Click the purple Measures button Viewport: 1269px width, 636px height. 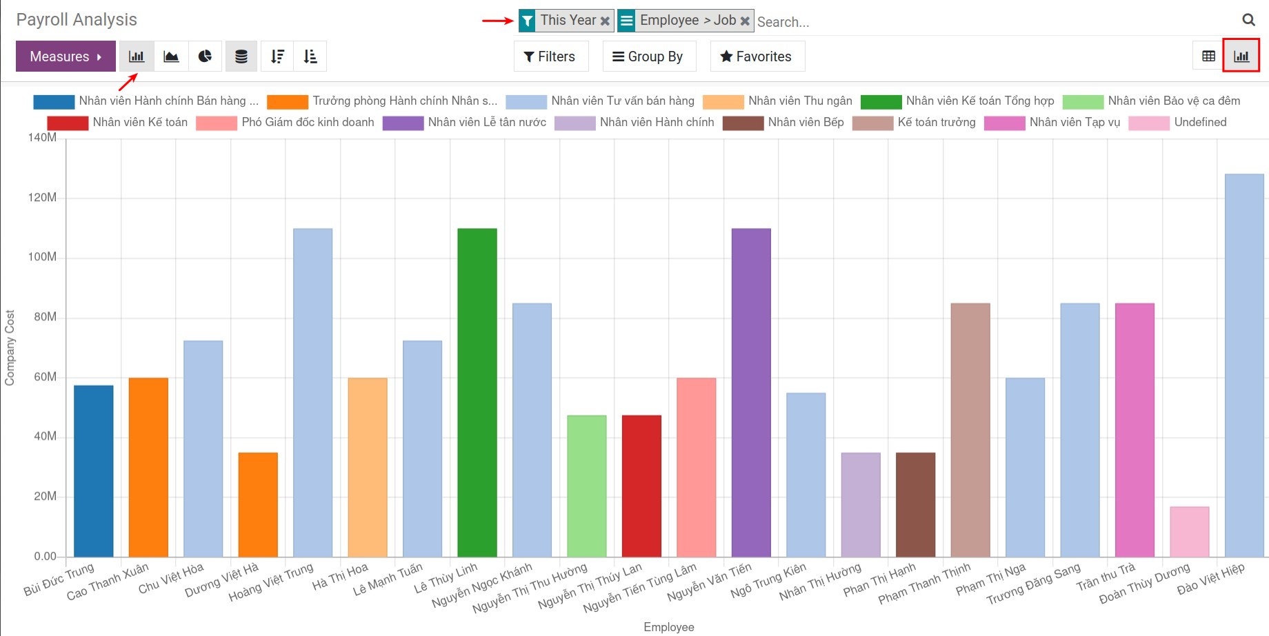click(65, 57)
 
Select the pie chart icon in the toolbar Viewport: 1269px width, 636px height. click(205, 57)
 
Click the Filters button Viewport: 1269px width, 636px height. click(550, 57)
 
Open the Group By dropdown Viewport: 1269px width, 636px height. click(648, 57)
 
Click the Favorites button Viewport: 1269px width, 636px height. click(756, 57)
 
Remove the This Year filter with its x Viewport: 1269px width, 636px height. click(605, 21)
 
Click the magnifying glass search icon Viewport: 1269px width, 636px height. click(1248, 20)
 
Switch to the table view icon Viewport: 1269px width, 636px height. click(1208, 57)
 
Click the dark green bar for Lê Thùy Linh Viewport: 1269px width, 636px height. click(477, 393)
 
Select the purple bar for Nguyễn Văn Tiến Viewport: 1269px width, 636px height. click(751, 393)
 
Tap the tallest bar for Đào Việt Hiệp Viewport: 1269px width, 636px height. click(1244, 365)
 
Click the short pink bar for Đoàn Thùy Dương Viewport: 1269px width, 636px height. click(1189, 532)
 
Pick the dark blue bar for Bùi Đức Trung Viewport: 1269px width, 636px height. click(93, 471)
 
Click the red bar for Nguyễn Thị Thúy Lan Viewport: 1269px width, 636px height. click(641, 486)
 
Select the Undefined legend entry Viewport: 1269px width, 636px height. click(1199, 123)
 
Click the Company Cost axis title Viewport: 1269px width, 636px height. click(10, 347)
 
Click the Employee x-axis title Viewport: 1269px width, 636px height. click(668, 627)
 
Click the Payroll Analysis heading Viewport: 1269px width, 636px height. click(77, 20)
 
